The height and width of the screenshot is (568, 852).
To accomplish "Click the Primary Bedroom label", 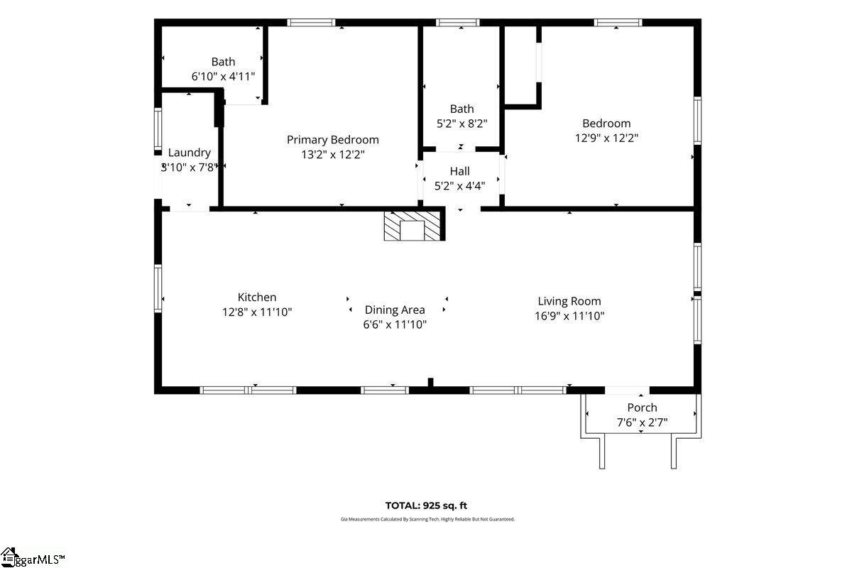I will pos(332,140).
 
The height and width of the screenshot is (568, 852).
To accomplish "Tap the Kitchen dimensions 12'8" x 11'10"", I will pos(256,312).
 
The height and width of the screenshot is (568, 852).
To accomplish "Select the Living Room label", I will pos(569,301).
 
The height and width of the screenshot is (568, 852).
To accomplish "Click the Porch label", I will pos(642,408).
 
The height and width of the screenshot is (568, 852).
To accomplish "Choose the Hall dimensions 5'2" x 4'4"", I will pos(459,187).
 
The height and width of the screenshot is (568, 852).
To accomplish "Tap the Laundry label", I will pos(189,153).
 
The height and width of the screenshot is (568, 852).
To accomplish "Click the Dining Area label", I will pos(395,310).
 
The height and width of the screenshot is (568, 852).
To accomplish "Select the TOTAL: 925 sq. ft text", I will pos(426,506).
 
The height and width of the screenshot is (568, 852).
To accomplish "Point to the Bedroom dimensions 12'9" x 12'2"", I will pos(606,138).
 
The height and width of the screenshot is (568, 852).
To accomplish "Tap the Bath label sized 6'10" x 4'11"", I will pos(223,62).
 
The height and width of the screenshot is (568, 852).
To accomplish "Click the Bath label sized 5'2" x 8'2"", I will pos(461,109).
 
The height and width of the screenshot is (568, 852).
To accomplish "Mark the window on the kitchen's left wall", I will pos(158,288).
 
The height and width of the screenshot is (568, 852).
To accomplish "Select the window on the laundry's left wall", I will pos(158,129).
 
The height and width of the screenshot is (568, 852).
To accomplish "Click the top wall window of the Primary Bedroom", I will pos(311,23).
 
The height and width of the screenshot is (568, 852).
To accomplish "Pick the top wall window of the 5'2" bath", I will pos(458,23).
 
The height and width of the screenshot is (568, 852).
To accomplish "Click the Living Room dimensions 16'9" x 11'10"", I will pos(569,317).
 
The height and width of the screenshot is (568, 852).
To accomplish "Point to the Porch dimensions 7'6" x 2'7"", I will pos(642,422).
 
